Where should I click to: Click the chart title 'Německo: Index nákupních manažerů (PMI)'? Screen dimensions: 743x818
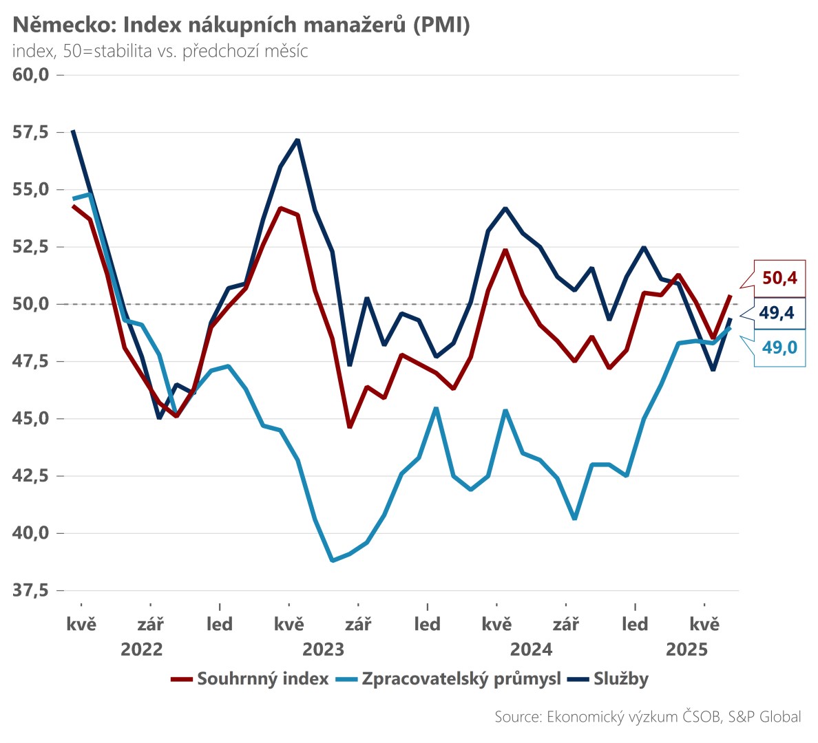241,25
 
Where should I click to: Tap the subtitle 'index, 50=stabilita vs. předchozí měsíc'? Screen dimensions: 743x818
160,52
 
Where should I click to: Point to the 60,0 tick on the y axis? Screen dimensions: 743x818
31,74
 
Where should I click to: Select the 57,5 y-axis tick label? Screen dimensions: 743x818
31,132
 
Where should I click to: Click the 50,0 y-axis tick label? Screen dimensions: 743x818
31,304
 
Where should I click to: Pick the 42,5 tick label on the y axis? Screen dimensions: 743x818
31,476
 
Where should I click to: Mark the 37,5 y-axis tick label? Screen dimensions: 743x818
31,590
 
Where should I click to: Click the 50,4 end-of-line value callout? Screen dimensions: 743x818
779,278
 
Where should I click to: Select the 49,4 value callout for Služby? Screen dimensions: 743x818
777,313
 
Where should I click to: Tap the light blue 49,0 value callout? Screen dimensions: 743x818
779,347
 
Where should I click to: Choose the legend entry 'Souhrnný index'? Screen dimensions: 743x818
262,679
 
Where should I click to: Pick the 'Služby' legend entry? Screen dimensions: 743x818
620,679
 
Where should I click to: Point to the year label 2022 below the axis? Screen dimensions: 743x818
142,649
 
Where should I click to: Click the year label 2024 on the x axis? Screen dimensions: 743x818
531,649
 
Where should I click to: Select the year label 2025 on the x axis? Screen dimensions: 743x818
686,649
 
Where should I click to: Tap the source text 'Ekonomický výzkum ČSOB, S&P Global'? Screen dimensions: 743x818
648,717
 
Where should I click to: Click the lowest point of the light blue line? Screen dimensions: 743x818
333,561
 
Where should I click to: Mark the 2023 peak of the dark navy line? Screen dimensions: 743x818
297,140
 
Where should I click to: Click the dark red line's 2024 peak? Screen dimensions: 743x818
505,250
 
